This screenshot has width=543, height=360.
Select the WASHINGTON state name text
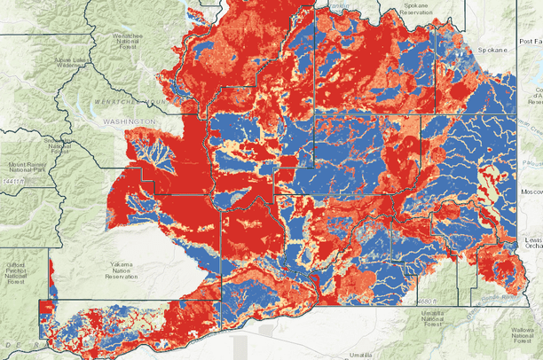pyautogui.click(x=127, y=121)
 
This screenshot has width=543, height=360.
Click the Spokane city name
pyautogui.click(x=492, y=51)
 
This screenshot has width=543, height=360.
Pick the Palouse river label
pyautogui.click(x=531, y=162)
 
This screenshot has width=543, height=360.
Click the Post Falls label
pyautogui.click(x=530, y=42)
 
